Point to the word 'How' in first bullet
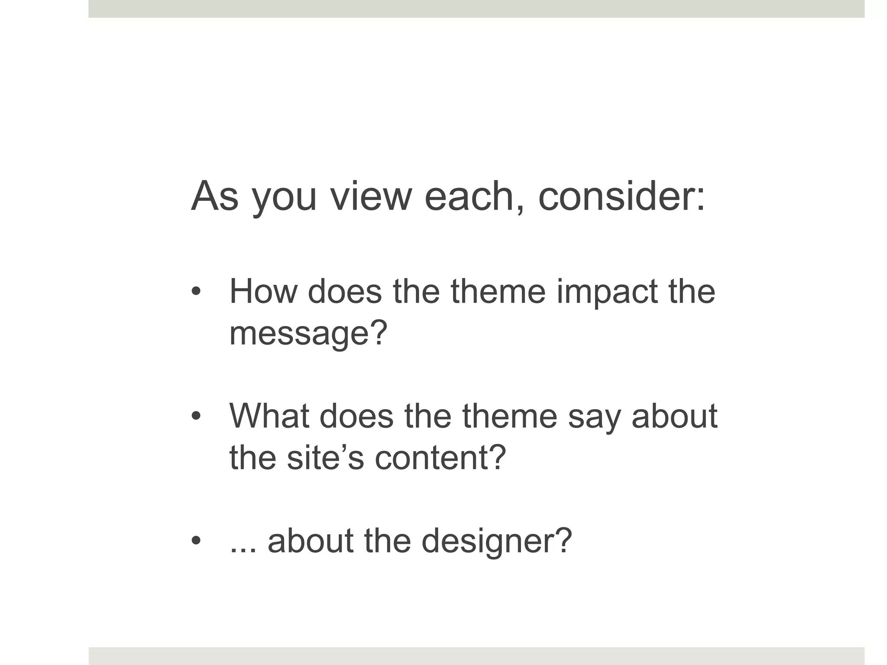263,291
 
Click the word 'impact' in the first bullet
607,291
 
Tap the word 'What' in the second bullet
269,416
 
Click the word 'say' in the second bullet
594,416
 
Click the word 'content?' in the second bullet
440,458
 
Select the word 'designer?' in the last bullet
497,541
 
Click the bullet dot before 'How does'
196,291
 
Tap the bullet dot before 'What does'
196,416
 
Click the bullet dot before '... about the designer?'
196,541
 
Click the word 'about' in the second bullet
674,416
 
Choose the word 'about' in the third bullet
311,541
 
